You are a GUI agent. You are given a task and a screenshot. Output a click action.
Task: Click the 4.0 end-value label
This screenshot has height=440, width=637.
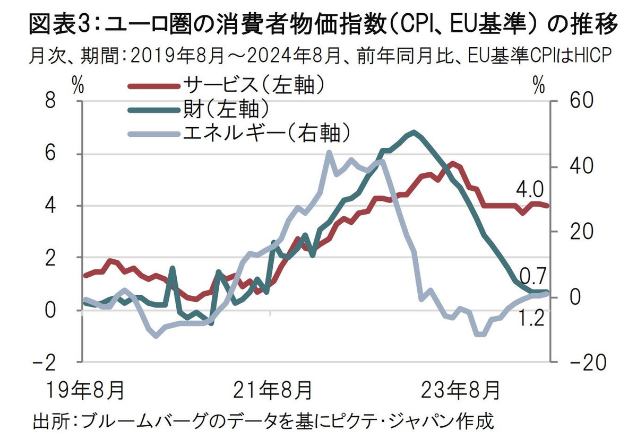[529, 189]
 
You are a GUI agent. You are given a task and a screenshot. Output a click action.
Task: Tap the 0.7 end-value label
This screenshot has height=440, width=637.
[531, 276]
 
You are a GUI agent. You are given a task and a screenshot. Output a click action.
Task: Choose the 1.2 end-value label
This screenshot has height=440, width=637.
[531, 319]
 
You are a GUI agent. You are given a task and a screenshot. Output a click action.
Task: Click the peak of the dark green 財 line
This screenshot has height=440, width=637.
[413, 132]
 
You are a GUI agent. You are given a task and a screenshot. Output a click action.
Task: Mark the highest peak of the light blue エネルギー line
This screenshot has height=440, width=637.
[329, 153]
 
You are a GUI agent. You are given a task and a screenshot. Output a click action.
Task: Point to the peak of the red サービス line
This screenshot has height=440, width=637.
[452, 163]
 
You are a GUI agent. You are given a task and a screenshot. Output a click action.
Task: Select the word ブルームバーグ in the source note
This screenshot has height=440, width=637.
[130, 422]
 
